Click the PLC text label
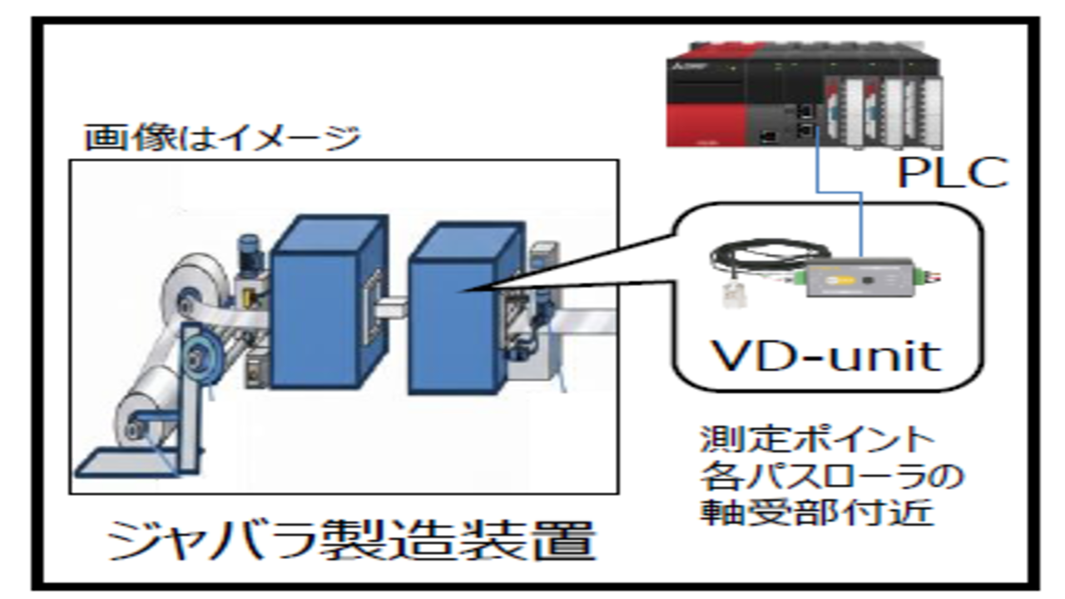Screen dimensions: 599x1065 pyautogui.click(x=951, y=173)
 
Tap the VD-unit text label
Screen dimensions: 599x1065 pyautogui.click(x=825, y=354)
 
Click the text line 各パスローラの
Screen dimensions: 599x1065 pyautogui.click(x=831, y=476)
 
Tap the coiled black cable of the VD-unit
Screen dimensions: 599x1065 pyautogui.click(x=770, y=255)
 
